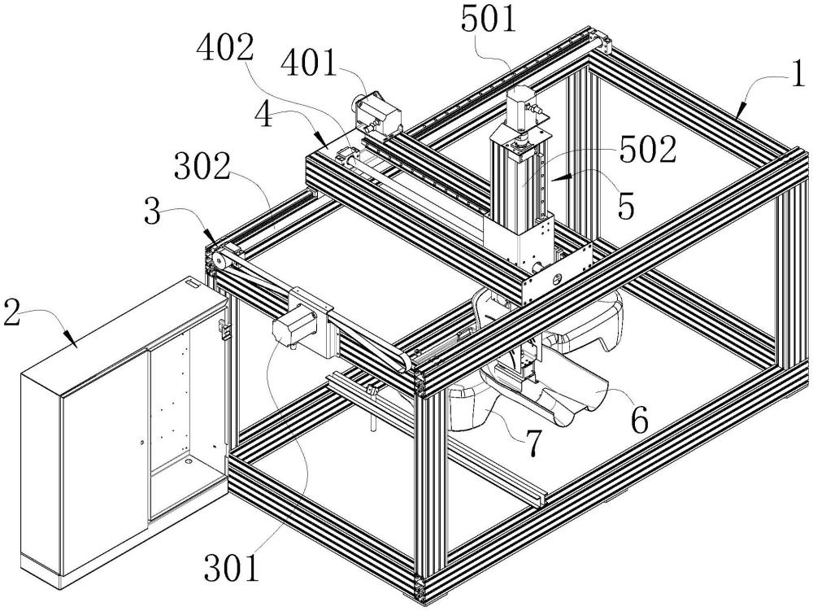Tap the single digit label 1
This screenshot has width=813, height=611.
[799, 76]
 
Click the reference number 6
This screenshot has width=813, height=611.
[639, 420]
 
